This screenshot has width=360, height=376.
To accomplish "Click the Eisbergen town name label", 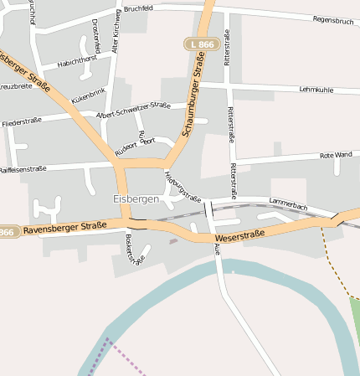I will click(x=136, y=199).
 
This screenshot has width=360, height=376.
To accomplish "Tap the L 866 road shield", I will click(x=200, y=44).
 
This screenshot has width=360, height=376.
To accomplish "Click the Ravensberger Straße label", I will click(x=65, y=226).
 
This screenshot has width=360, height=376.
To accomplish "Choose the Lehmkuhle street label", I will click(x=316, y=89).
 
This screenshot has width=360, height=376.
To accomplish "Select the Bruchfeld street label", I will click(x=138, y=8).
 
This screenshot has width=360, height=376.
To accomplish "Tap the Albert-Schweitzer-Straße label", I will click(x=134, y=110).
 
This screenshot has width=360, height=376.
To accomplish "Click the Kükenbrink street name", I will click(x=90, y=96).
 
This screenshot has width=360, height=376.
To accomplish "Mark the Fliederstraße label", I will click(x=22, y=122).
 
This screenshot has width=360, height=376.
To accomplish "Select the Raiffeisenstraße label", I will click(x=23, y=169).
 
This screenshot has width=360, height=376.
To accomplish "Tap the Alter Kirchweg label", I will click(x=116, y=35).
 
